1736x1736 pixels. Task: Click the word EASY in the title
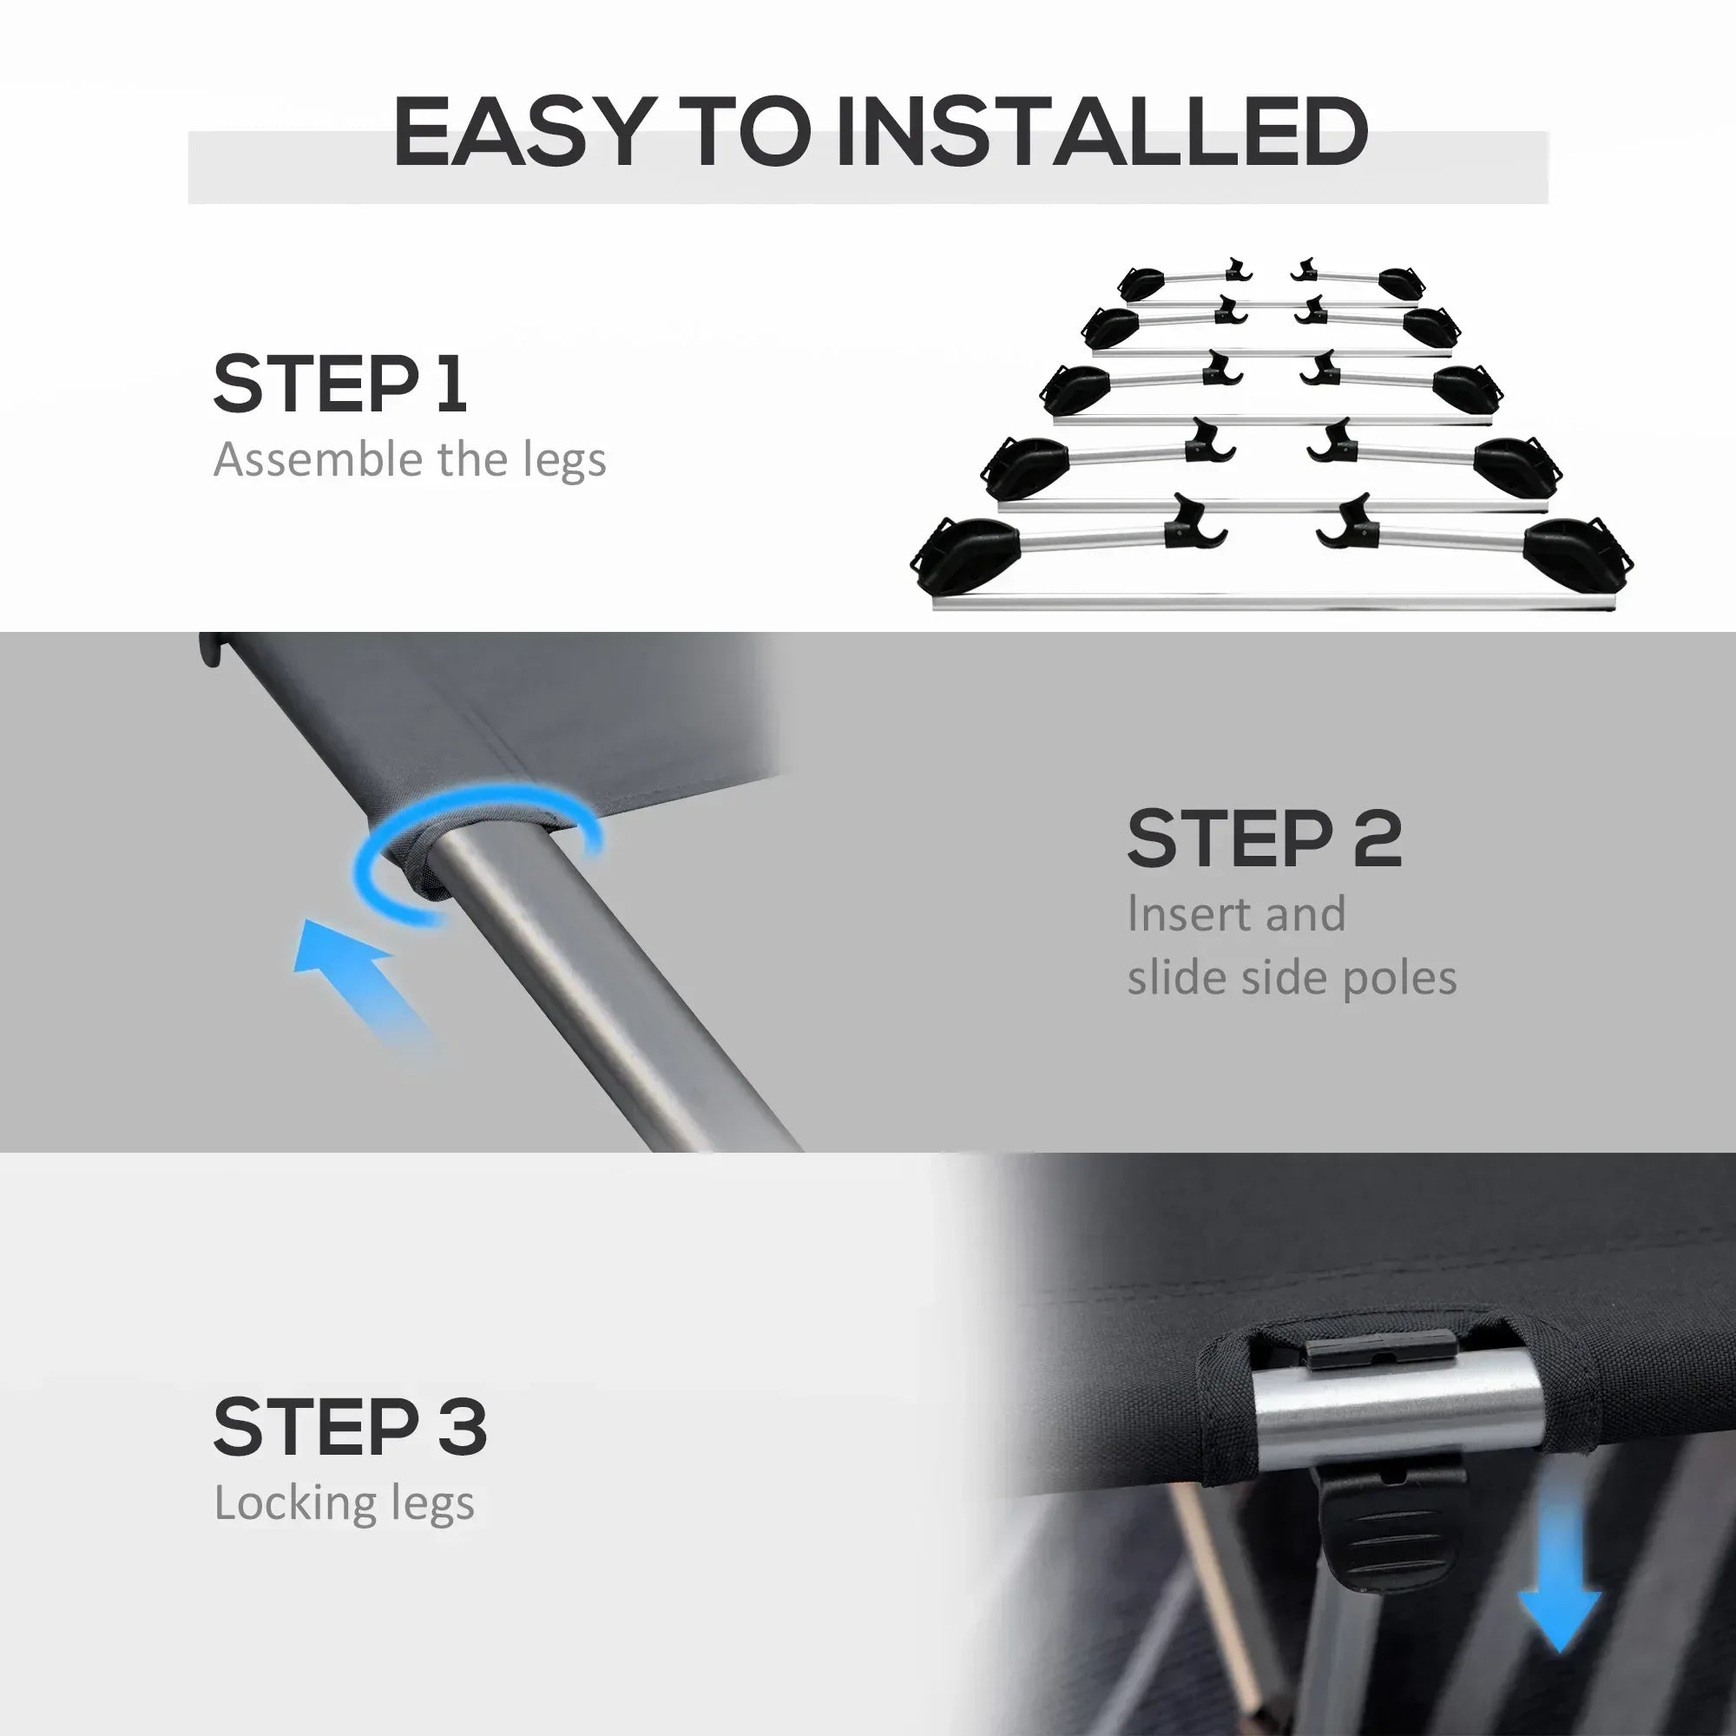pos(521,132)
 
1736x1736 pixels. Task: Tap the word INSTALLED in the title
pos(1101,132)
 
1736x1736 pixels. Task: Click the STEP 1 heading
pos(339,384)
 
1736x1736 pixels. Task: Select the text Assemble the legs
pos(410,460)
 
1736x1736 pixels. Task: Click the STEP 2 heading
pos(1265,838)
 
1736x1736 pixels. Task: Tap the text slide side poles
pos(1292,977)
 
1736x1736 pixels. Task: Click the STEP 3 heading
pos(351,1426)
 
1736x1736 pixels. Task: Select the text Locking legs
pos(344,1504)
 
